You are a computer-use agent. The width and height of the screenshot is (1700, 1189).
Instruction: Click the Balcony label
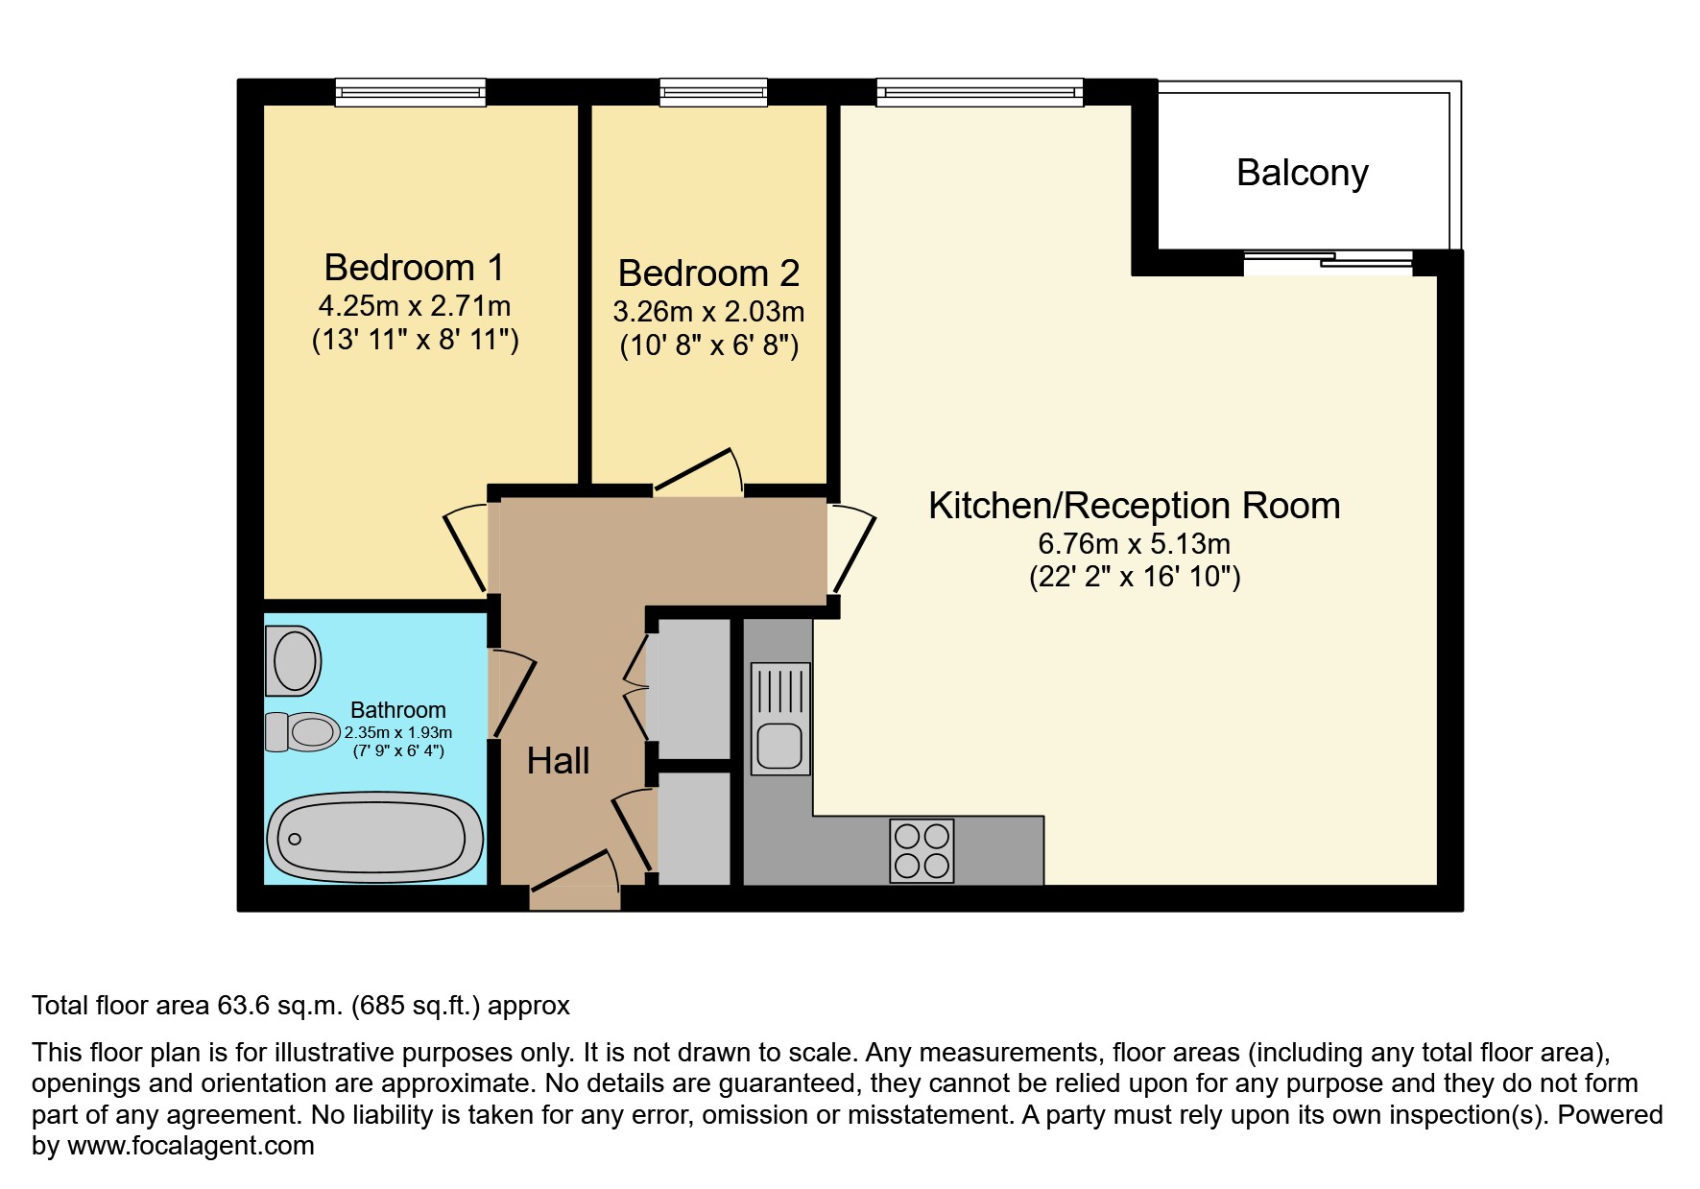(1302, 174)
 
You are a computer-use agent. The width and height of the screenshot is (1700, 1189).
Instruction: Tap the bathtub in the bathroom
(374, 837)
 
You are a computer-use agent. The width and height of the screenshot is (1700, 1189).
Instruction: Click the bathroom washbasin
(294, 661)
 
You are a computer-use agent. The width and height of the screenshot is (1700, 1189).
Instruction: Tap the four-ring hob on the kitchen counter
(922, 850)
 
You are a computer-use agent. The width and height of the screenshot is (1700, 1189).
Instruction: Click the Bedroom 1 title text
(414, 268)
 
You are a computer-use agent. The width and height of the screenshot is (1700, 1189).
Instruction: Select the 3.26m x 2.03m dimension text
(708, 312)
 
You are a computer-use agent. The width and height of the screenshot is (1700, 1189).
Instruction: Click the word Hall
(558, 761)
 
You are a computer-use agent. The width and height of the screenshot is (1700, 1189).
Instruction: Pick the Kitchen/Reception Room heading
(1134, 506)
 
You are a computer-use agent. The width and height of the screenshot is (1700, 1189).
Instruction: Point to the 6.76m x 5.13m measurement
(1134, 544)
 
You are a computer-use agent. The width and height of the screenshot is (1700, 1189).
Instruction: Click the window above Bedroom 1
(410, 92)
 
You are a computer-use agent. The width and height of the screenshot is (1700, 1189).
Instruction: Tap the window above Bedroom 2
(713, 92)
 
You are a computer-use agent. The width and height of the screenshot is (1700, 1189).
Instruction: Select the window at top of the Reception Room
(979, 92)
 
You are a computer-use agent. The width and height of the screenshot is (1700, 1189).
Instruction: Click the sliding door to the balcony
(1329, 261)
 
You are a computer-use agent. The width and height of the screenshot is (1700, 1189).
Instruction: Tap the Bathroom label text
(397, 710)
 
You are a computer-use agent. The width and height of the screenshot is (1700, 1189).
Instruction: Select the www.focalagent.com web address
(190, 1146)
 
